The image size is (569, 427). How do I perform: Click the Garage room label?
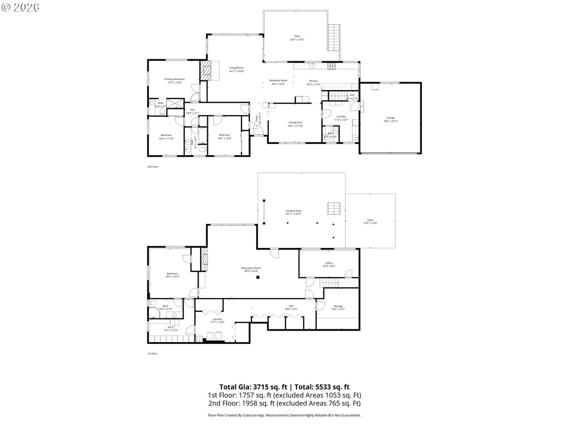pos(390,118)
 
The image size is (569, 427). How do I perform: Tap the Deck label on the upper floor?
pos(297,36)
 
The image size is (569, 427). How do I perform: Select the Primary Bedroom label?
pos(174,79)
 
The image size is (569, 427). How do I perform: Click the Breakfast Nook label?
pos(278,81)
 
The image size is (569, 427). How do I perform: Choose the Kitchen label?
pos(314,81)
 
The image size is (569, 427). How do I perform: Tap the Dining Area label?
pos(295,122)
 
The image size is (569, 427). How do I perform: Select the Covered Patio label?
pos(294,211)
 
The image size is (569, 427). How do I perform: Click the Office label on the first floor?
pos(329,263)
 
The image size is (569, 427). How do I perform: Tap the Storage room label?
pos(338,306)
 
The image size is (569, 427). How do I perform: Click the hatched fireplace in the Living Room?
pos(205,71)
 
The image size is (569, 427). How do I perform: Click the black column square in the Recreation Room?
pos(258,277)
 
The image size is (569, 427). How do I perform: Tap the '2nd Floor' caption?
pos(153,167)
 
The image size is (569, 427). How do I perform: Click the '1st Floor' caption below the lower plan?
pos(152,353)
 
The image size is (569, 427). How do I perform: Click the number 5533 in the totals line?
pos(323,387)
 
